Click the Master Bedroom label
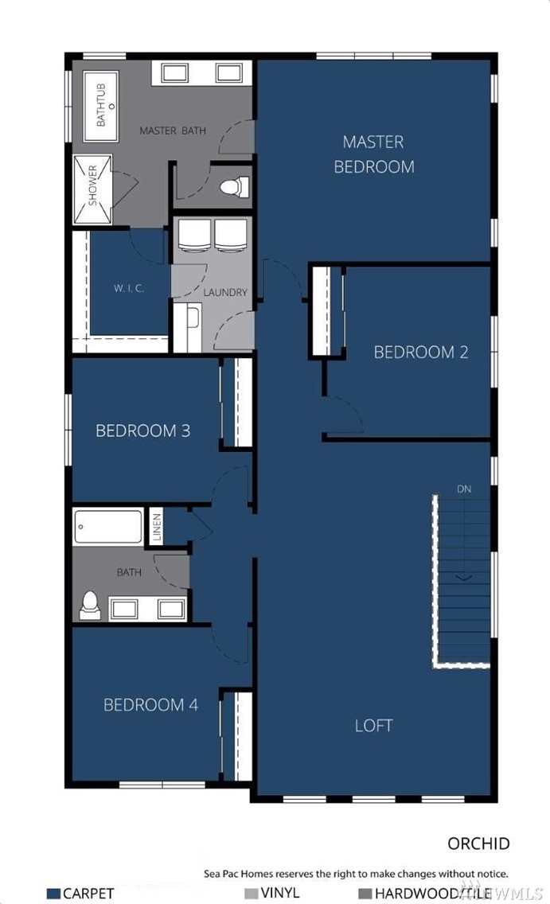[x=373, y=154]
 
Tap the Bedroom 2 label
[x=421, y=352]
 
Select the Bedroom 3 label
[x=142, y=431]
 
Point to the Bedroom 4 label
[x=150, y=704]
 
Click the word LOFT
[x=373, y=725]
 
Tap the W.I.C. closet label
[x=129, y=288]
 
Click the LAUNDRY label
[x=224, y=292]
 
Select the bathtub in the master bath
[x=101, y=106]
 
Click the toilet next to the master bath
[x=234, y=187]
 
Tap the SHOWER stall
[x=92, y=189]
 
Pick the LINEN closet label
[x=156, y=526]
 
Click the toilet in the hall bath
[x=90, y=606]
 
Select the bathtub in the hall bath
[x=108, y=526]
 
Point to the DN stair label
[x=464, y=489]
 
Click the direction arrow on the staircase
[x=465, y=577]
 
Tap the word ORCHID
[x=478, y=844]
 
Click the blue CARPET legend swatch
[x=53, y=894]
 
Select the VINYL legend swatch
[x=252, y=894]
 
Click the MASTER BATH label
[x=173, y=131]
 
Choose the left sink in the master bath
[x=174, y=73]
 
